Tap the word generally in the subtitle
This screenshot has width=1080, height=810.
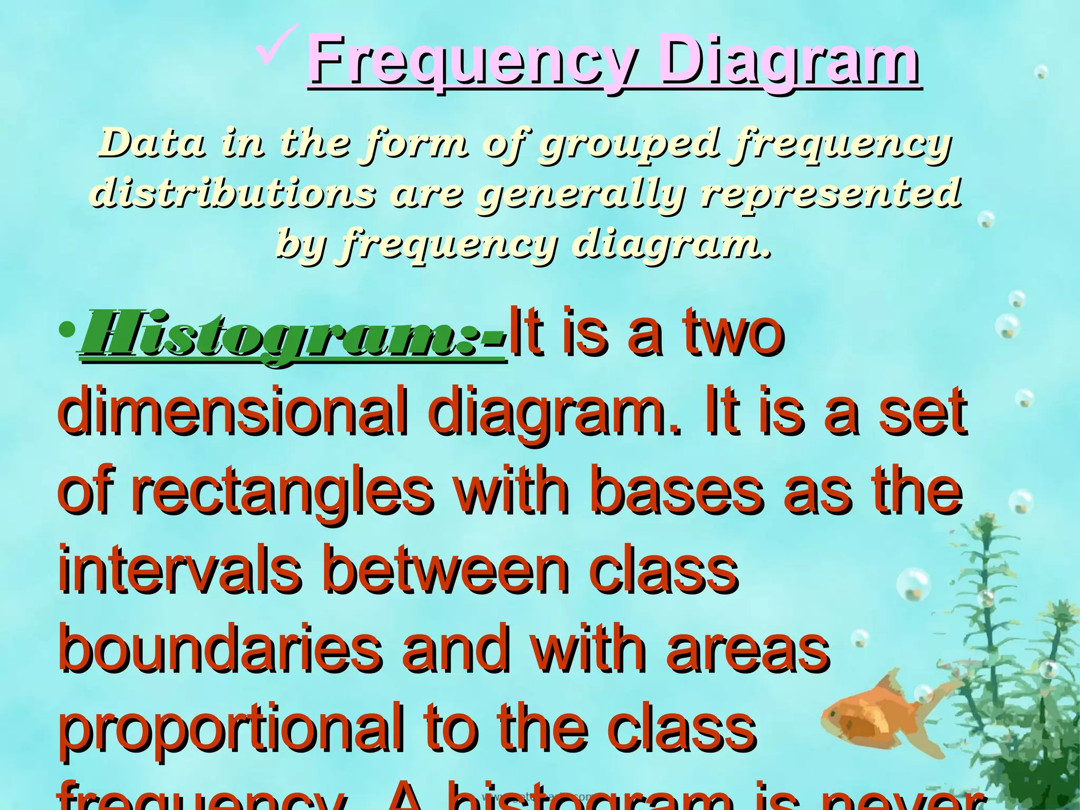580,194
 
